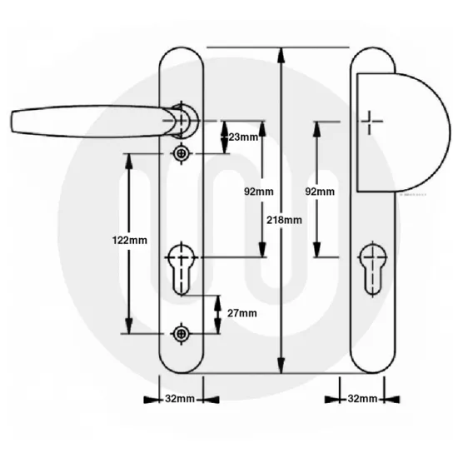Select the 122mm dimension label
129,240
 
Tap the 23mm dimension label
243,137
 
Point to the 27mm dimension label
241,314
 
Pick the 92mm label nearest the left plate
258,192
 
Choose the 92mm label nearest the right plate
321,192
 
